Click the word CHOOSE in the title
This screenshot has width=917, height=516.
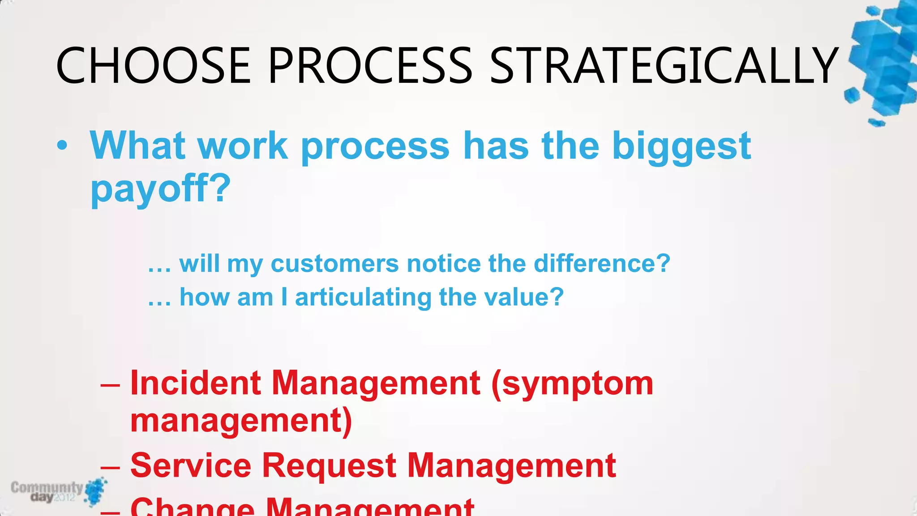153,66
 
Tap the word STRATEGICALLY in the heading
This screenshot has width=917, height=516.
664,66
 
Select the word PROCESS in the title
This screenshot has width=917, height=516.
370,66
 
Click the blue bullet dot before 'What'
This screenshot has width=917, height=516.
63,146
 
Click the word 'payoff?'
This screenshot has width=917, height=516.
161,189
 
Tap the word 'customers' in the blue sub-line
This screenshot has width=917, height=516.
334,263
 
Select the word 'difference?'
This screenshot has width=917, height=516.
602,263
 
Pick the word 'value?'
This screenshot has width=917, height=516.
524,297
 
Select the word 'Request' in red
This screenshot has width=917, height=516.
329,466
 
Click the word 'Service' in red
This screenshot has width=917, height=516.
191,466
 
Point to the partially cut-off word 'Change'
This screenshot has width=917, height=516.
193,507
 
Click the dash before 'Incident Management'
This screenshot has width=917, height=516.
110,385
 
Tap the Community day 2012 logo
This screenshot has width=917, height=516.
58,491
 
